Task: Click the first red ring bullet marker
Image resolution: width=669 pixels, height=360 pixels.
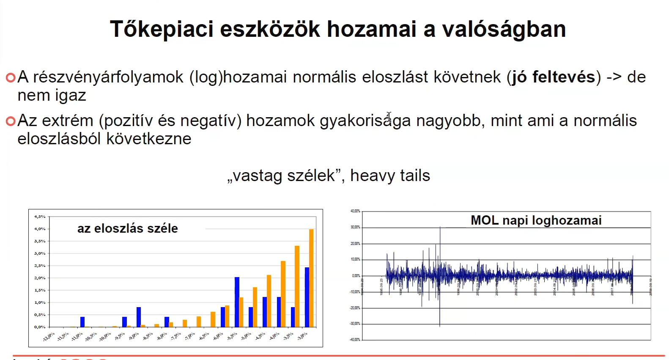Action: pyautogui.click(x=11, y=77)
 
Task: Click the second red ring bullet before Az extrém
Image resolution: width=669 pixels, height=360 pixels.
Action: pyautogui.click(x=11, y=121)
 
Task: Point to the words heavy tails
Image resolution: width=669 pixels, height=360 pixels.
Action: pyautogui.click(x=390, y=176)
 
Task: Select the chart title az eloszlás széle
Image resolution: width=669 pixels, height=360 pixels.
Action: pyautogui.click(x=127, y=228)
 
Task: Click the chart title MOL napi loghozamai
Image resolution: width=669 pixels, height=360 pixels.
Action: pyautogui.click(x=536, y=220)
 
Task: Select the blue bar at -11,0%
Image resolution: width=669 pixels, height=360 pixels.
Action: pyautogui.click(x=82, y=322)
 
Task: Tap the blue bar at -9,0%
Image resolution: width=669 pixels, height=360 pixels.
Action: pyautogui.click(x=139, y=317)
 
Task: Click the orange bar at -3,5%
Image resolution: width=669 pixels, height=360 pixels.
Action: pyautogui.click(x=297, y=286)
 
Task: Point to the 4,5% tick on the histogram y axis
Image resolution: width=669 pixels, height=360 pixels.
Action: pyautogui.click(x=40, y=217)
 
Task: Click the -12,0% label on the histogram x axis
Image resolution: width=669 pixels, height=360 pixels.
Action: pyautogui.click(x=49, y=337)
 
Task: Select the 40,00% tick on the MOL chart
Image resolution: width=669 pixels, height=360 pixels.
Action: pyautogui.click(x=355, y=211)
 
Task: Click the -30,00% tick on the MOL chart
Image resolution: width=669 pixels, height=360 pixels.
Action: pyautogui.click(x=355, y=324)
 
